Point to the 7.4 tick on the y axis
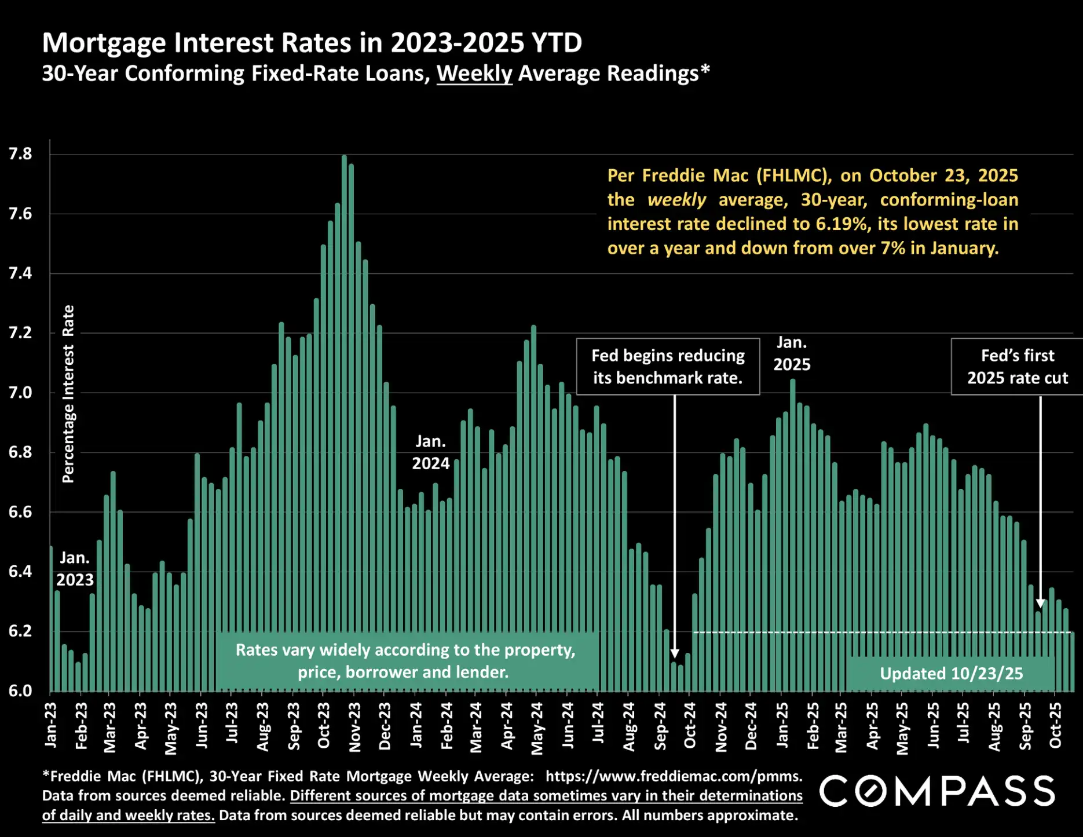20,273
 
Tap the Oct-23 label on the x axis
324,725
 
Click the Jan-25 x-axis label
782,725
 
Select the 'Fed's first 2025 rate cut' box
1017,367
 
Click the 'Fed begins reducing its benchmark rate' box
668,367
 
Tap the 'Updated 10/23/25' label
951,674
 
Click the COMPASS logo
937,791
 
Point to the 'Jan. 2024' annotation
430,452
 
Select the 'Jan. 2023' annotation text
75,569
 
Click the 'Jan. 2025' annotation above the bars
792,353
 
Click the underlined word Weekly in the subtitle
474,74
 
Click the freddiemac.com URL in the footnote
674,776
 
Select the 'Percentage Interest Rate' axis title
68,394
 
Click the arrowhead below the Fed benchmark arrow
674,653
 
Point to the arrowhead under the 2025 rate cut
1040,603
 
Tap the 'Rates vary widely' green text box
405,661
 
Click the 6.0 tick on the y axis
20,691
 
